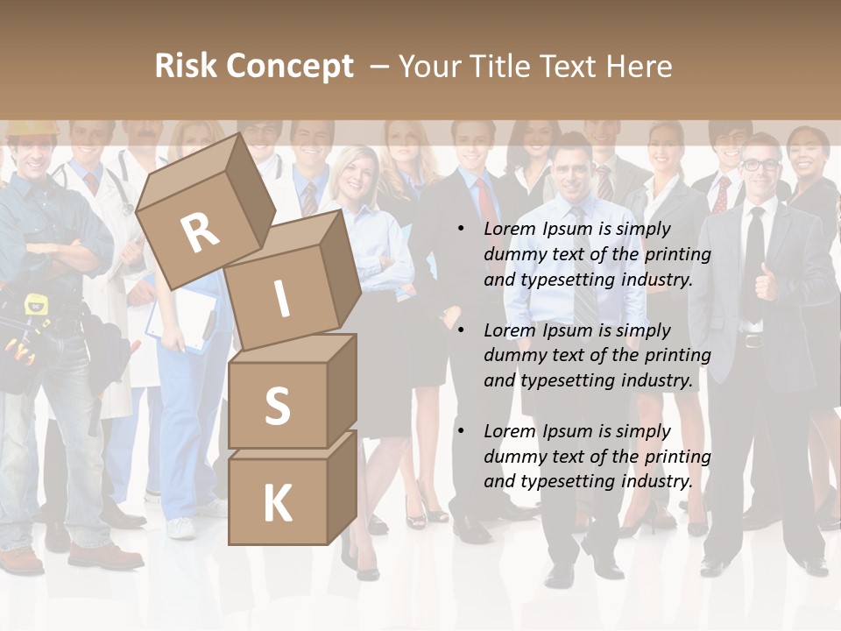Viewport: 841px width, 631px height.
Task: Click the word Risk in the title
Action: (x=186, y=67)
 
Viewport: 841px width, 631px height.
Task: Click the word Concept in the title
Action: (x=289, y=67)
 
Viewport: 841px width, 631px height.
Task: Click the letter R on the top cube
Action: (x=200, y=233)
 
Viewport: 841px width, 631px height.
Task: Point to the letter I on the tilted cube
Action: (x=281, y=299)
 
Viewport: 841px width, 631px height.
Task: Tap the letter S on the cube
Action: (x=277, y=406)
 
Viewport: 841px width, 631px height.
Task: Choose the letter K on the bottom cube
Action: (x=277, y=504)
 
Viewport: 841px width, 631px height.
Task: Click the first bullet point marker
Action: (x=461, y=229)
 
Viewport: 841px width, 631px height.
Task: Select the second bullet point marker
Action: (x=461, y=330)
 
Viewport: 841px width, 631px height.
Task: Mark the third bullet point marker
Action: (x=461, y=431)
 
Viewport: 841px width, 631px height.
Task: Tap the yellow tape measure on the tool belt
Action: (x=36, y=305)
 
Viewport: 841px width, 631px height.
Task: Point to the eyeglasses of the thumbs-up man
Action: (x=760, y=164)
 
